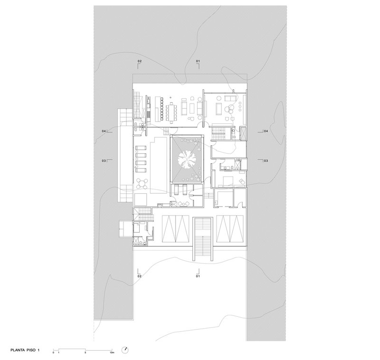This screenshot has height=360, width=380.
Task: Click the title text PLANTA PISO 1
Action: point(25,350)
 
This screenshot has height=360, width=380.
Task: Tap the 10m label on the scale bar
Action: point(112,352)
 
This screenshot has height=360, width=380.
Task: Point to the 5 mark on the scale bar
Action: point(85,352)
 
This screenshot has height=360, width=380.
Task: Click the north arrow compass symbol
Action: point(125,350)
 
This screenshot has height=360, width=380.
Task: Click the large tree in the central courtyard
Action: point(187,160)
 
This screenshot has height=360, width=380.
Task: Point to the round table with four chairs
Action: point(142,183)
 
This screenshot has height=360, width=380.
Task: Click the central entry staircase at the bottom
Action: point(203,239)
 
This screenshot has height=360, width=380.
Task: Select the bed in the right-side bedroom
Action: point(228,181)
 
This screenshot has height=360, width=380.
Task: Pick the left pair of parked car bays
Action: point(175,228)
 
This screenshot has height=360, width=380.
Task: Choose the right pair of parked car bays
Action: point(230,228)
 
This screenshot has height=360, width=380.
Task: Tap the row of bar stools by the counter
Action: point(161,109)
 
